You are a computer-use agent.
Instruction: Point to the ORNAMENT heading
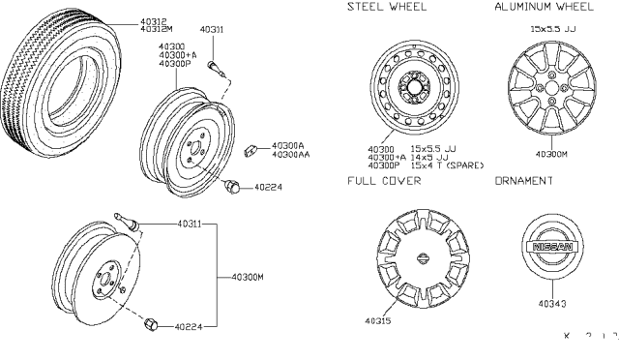[x=524, y=180]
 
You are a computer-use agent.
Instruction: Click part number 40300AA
[x=291, y=155]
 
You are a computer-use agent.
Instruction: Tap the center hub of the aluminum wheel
[x=549, y=87]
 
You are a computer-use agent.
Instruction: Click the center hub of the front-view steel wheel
[x=413, y=89]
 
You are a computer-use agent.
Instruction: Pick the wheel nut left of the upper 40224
[x=232, y=186]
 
